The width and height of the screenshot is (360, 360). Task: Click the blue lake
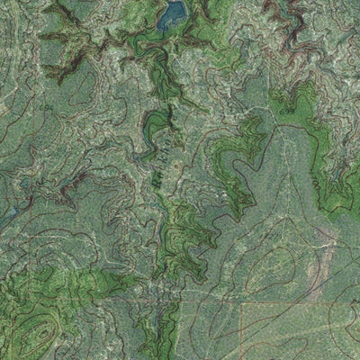click(172, 14)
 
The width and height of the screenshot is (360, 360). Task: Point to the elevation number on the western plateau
click(46, 109)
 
